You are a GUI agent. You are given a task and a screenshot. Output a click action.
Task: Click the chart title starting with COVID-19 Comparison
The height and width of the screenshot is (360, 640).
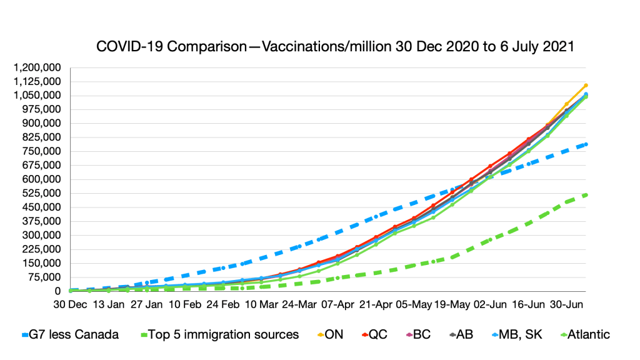pyautogui.click(x=335, y=47)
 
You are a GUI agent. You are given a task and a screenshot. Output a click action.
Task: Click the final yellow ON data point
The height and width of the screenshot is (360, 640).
pyautogui.click(x=586, y=85)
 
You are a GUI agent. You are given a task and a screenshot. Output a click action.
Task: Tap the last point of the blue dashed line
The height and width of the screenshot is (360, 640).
pyautogui.click(x=586, y=144)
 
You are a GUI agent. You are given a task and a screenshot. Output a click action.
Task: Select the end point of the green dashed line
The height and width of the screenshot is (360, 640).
pyautogui.click(x=586, y=195)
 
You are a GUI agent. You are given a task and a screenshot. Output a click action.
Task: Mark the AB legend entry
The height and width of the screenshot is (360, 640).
pyautogui.click(x=463, y=334)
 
